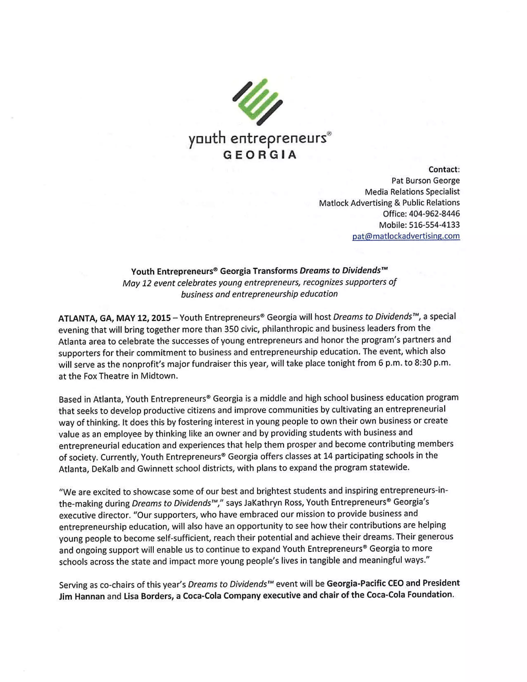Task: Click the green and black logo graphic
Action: [257, 101]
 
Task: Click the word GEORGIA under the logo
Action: [260, 155]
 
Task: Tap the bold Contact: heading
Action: [444, 169]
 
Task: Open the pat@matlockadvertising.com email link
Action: [406, 236]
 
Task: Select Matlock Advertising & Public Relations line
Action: [389, 203]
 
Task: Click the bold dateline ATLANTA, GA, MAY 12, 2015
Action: [114, 318]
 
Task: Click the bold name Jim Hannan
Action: [82, 597]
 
